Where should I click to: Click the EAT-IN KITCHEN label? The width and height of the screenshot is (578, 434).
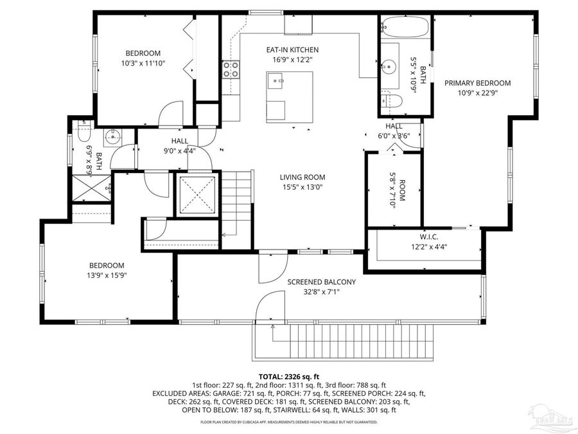[x=292, y=50]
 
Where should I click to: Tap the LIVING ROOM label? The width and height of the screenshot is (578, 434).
[x=302, y=177]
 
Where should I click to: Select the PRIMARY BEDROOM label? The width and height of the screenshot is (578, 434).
[x=477, y=83]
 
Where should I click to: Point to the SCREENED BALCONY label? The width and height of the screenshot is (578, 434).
[x=321, y=282]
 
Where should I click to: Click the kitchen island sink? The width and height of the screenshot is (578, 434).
[x=277, y=80]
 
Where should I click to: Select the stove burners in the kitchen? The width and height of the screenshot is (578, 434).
[x=231, y=69]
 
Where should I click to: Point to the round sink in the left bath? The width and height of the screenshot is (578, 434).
[x=113, y=136]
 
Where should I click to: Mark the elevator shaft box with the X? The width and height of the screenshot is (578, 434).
[x=197, y=195]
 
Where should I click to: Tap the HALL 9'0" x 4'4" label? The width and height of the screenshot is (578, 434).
[x=179, y=146]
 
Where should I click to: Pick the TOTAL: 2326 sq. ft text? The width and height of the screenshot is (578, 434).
[x=288, y=376]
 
